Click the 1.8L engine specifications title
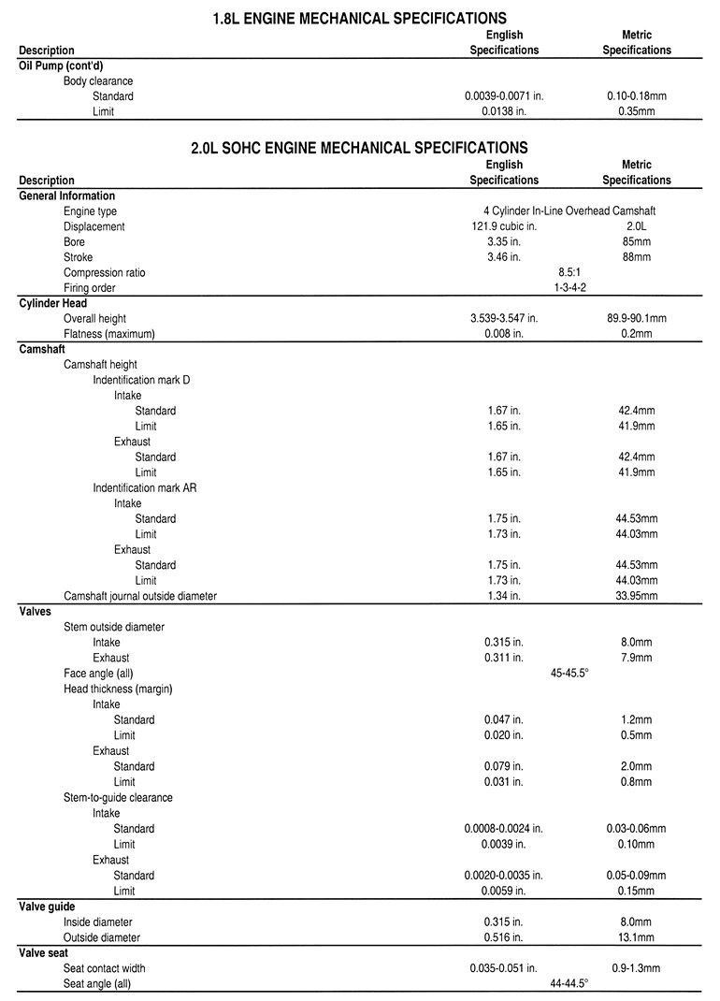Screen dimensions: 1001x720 (x=360, y=18)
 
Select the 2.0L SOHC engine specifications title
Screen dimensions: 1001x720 (x=360, y=148)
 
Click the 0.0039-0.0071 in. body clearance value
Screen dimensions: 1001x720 (x=504, y=96)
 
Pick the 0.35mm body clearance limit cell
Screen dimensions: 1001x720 (x=636, y=111)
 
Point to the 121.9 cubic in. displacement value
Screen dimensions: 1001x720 (x=504, y=226)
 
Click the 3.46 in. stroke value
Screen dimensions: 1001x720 (x=504, y=257)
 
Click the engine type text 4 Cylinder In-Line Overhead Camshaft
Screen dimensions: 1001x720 (x=569, y=211)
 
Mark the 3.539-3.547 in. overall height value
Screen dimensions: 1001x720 (x=504, y=319)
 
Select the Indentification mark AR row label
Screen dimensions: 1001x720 (x=144, y=488)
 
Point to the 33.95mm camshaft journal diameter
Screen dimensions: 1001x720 (x=636, y=596)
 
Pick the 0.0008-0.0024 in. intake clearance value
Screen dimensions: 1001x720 (x=504, y=829)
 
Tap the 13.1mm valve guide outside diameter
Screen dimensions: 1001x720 (x=636, y=937)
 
